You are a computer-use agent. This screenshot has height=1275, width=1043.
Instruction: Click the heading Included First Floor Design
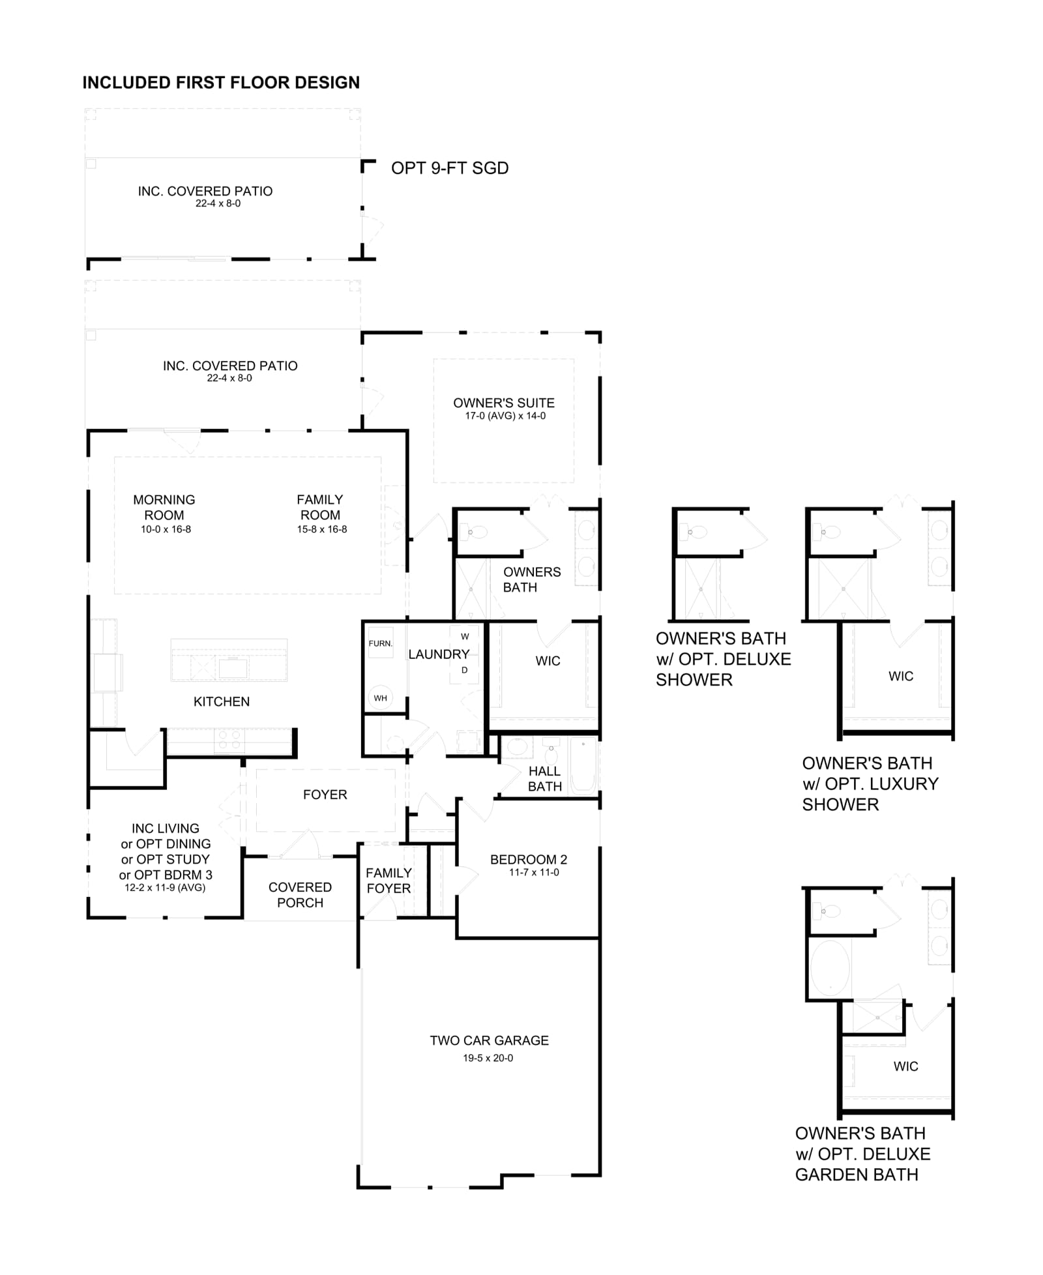pos(221,83)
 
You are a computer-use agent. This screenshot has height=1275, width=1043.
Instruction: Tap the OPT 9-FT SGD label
pos(450,168)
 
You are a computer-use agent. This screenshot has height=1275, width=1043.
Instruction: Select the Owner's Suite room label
pos(504,403)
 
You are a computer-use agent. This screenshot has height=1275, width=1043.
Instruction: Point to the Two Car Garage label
pos(489,1040)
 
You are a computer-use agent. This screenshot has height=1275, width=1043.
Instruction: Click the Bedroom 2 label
pos(529,859)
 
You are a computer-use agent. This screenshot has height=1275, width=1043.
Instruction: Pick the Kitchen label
pos(222,701)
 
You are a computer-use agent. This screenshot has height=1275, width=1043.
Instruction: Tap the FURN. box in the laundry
pos(381,643)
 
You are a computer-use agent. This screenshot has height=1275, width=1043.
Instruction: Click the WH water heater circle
pos(381,697)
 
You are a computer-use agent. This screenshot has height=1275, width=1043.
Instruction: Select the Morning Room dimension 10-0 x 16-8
pos(166,529)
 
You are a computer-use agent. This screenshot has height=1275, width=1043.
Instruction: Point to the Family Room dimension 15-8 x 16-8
pos(322,529)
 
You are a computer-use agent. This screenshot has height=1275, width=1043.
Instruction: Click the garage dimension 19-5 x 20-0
pos(488,1058)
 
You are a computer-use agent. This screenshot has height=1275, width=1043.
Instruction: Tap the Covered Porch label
pos(300,895)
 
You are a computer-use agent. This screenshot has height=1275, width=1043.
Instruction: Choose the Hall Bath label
pos(545,779)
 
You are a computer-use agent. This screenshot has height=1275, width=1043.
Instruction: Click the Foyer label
pos(325,795)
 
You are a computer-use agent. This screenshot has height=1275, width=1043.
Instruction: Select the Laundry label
pos(439,654)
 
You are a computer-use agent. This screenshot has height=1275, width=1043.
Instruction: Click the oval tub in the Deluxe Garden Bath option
pos(830,968)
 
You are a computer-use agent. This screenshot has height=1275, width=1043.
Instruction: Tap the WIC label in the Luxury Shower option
pos(901,676)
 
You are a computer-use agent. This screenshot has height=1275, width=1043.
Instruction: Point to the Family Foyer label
pos(389,881)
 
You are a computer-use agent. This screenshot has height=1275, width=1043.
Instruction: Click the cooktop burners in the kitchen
pos(229,739)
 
